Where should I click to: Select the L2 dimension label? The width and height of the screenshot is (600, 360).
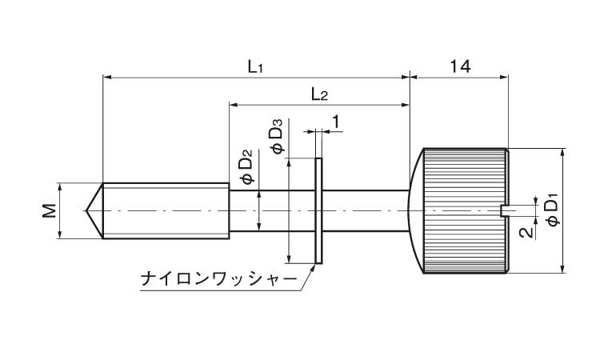(x=318, y=94)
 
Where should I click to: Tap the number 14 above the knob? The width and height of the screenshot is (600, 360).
(x=459, y=67)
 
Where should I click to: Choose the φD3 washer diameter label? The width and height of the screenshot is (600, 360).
(x=276, y=137)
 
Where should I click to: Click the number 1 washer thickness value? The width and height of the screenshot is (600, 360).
(x=336, y=122)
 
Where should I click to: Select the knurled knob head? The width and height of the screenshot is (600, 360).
(x=464, y=210)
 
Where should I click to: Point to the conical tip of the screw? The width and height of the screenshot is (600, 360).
(x=94, y=210)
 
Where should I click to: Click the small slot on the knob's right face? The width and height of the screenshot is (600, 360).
(x=503, y=210)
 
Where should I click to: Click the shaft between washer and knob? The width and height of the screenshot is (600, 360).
(x=364, y=210)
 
